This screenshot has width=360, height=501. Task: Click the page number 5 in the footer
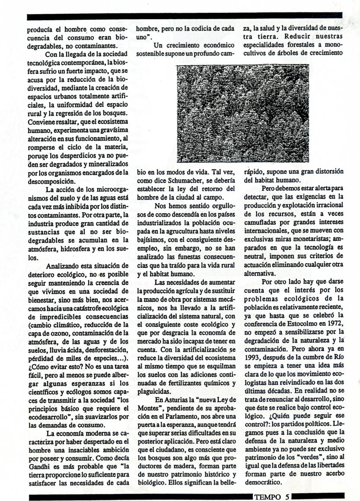pos(287,496)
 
